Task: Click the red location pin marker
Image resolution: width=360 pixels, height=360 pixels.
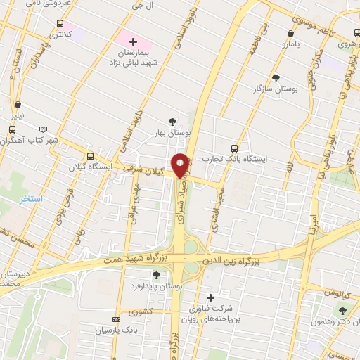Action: pyautogui.click(x=181, y=165)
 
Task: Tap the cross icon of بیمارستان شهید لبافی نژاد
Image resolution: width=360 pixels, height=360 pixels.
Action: pyautogui.click(x=133, y=42)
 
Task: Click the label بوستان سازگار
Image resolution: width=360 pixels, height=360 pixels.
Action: pyautogui.click(x=276, y=89)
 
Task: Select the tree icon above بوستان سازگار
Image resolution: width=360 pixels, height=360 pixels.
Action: pyautogui.click(x=275, y=78)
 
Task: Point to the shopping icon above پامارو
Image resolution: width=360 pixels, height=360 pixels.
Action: pyautogui.click(x=291, y=32)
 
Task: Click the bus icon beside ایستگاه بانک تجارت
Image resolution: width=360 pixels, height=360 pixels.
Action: pyautogui.click(x=234, y=148)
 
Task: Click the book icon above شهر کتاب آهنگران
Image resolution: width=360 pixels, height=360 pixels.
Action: pyautogui.click(x=45, y=129)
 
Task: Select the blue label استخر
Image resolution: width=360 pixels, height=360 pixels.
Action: pyautogui.click(x=31, y=199)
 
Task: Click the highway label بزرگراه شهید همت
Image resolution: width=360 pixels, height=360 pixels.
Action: pyautogui.click(x=141, y=259)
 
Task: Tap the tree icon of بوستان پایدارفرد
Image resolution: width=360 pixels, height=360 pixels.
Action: pyautogui.click(x=156, y=275)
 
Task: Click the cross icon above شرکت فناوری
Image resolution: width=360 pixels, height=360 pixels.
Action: pyautogui.click(x=209, y=297)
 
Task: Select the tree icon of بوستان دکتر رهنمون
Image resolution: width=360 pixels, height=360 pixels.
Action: pyautogui.click(x=342, y=310)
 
